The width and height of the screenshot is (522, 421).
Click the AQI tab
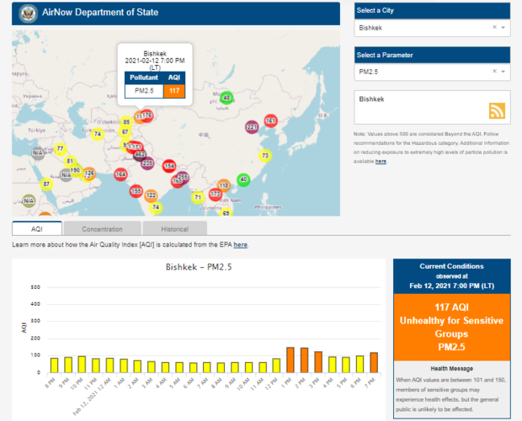click(36, 228)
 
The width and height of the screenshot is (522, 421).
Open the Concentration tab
click(102, 228)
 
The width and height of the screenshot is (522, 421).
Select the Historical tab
click(174, 228)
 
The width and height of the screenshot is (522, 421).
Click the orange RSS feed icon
click(497, 111)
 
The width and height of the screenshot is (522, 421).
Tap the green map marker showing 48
click(226, 98)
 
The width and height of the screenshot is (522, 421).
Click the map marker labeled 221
click(252, 127)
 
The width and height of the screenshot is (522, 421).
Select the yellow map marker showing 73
click(265, 156)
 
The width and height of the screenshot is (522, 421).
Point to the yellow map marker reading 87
click(46, 184)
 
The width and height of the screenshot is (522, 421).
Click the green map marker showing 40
click(243, 179)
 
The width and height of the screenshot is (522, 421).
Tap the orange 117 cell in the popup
click(174, 90)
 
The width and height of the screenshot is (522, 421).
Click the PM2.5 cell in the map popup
click(144, 90)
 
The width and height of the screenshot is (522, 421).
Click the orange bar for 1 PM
click(290, 360)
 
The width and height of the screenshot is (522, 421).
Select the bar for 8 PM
click(54, 365)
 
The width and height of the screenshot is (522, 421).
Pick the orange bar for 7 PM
click(373, 362)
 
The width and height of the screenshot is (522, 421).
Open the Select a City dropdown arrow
click(503, 28)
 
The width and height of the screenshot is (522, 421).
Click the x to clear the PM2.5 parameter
click(494, 73)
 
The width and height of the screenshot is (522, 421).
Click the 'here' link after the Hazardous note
click(381, 161)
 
